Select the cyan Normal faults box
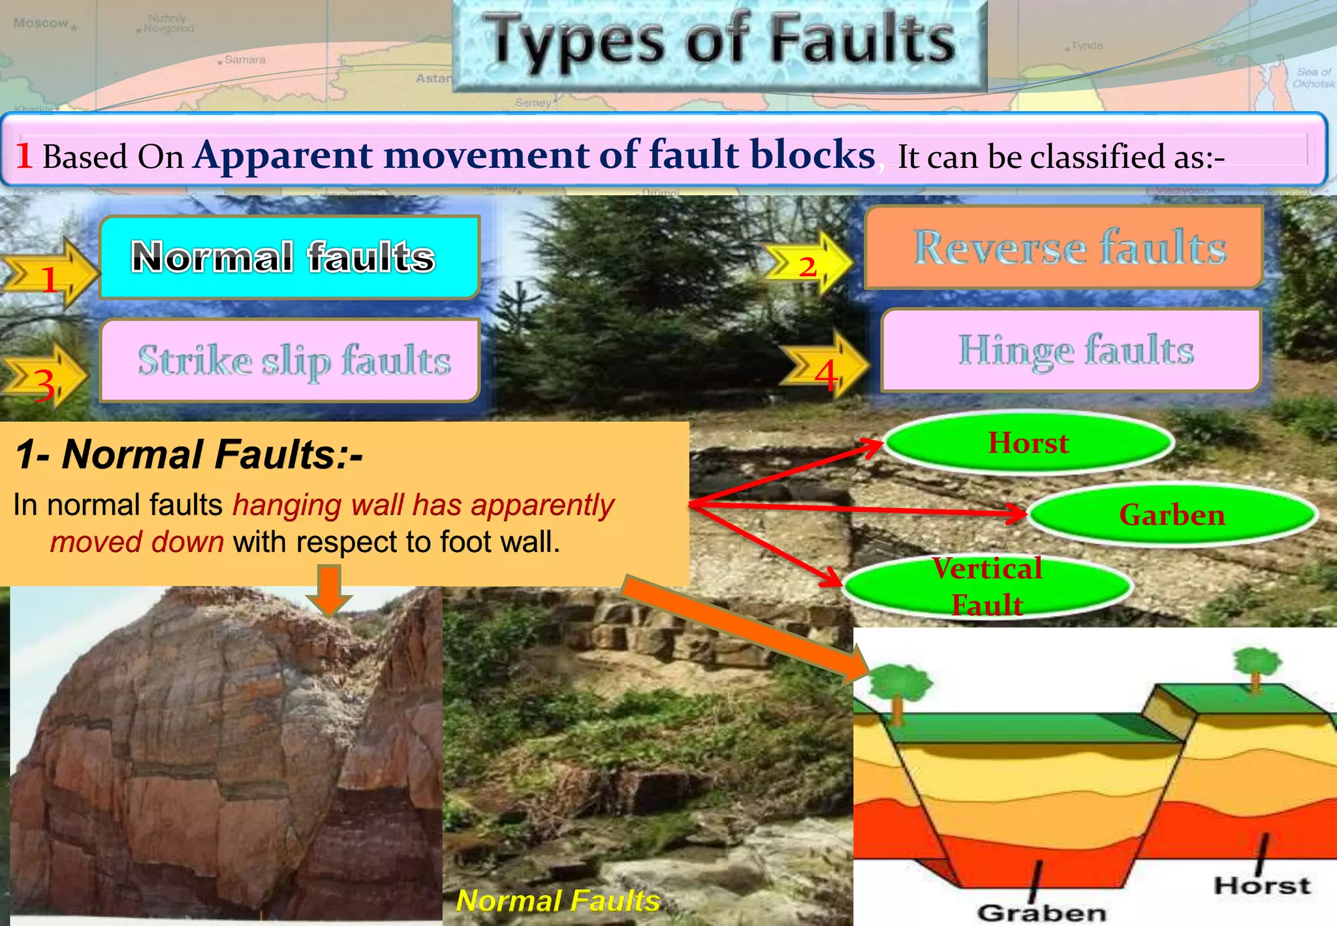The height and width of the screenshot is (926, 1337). point(289,257)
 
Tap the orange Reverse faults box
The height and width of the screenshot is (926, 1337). point(1064,247)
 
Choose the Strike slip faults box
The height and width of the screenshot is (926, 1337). point(290,360)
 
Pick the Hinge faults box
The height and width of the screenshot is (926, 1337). point(1071,351)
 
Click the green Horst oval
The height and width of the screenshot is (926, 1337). point(1028,443)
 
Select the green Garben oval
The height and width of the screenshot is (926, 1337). point(1172,515)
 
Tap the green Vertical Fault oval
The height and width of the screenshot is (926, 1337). point(987,586)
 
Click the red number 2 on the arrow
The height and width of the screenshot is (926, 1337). point(808,266)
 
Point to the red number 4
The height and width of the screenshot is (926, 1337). point(826,375)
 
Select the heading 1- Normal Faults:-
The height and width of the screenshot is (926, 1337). point(189,455)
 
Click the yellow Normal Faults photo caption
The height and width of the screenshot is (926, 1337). point(558,901)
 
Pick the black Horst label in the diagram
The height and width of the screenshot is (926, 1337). point(1262,886)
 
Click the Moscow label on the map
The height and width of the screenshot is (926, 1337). point(41,24)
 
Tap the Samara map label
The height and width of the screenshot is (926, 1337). point(245,60)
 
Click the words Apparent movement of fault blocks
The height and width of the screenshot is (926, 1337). point(534,155)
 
